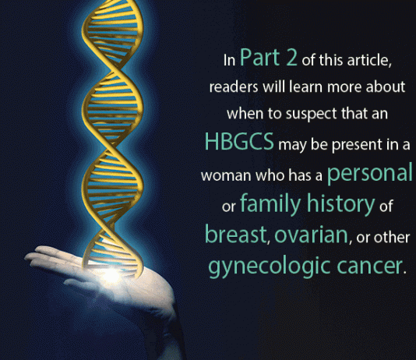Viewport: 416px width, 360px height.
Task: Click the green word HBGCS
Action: (239, 141)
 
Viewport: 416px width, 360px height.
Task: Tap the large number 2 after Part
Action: (291, 57)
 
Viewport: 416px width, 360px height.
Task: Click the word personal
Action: (370, 174)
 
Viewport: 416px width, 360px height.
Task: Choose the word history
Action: (340, 203)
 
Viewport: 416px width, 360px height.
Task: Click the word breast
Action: (235, 235)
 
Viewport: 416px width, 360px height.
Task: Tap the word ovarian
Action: (311, 235)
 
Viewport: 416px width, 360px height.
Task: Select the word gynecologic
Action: (269, 266)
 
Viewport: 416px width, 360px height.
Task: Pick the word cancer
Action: (369, 266)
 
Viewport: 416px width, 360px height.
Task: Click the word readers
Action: (234, 87)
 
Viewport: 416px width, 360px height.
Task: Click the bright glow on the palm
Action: (111, 276)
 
